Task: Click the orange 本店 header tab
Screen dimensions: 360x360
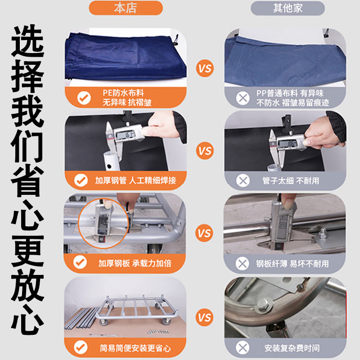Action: pos(125,8)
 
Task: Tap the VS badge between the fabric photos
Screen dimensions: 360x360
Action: pos(205,69)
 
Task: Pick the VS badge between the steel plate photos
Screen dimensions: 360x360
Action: pos(205,234)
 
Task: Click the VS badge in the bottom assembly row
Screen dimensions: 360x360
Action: pos(205,318)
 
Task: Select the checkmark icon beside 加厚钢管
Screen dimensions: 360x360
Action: pos(81,180)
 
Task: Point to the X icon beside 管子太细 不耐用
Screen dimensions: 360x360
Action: pos(243,180)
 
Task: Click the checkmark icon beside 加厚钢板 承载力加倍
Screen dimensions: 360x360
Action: pos(81,263)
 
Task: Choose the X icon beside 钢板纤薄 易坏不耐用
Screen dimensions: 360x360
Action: pos(243,263)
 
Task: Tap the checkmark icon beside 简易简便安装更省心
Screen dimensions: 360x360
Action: pos(81,347)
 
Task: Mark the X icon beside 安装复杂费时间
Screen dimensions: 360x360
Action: pos(243,347)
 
